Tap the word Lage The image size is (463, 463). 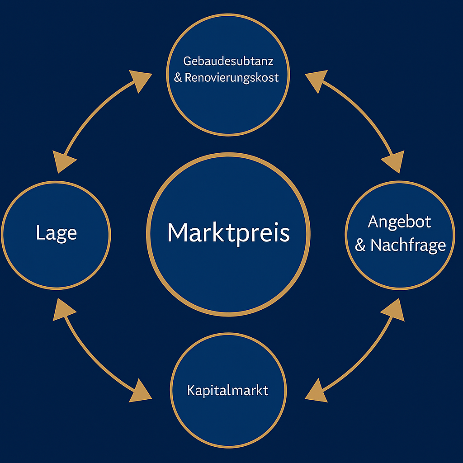coord(56,233)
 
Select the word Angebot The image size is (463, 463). coord(399,222)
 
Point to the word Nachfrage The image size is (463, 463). coord(408,245)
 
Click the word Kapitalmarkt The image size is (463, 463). coord(228,390)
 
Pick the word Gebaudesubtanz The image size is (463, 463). coord(228,61)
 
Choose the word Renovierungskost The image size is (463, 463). coord(231,78)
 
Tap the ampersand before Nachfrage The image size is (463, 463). coord(360,246)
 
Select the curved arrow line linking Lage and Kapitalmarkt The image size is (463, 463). coord(90,357)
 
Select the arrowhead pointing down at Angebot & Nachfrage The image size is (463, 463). coord(393,161)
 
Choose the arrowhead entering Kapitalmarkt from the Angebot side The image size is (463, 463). coord(316,391)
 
